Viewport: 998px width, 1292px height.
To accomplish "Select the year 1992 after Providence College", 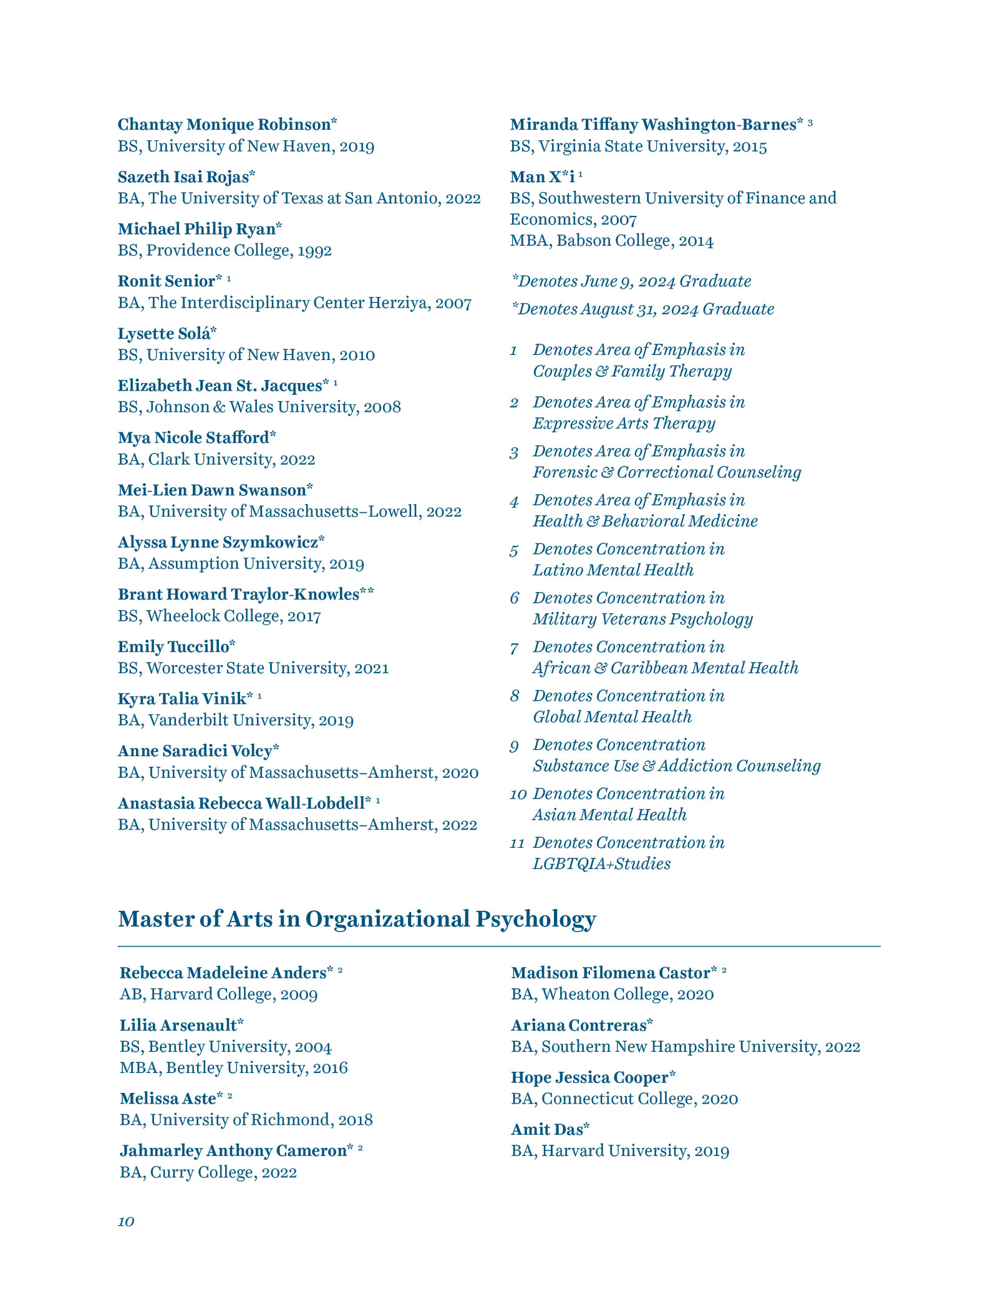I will point(314,251).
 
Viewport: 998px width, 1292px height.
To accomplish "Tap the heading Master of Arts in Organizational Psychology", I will point(357,919).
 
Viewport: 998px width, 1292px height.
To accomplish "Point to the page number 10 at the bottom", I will point(126,1222).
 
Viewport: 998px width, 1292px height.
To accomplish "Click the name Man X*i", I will point(542,177).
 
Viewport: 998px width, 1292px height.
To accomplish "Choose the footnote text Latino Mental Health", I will point(613,570).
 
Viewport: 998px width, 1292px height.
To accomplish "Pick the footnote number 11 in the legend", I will point(517,843).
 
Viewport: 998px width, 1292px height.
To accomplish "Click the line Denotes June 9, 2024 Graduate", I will point(631,281).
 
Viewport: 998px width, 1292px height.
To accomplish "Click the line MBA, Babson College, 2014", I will point(611,241).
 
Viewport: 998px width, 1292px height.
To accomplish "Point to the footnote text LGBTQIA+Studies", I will point(601,864).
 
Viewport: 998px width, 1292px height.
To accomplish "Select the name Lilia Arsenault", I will point(181,1025).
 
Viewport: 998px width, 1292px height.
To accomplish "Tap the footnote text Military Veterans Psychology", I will point(642,619).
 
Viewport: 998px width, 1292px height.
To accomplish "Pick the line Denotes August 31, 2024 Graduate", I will point(642,309).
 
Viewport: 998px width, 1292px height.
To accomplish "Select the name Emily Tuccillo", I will point(176,647).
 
